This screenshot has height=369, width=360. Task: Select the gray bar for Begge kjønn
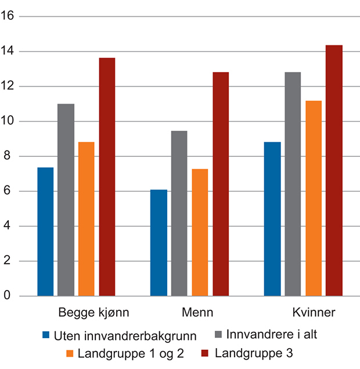point(66,200)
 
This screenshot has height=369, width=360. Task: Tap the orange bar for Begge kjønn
point(87,219)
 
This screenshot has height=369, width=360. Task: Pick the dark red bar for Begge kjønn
point(107,177)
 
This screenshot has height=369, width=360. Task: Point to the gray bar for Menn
point(179,213)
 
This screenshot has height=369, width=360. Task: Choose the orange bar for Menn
point(200,232)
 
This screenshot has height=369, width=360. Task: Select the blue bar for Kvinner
point(272,219)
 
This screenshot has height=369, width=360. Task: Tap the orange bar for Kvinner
point(313,198)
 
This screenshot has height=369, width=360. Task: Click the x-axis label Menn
point(197,313)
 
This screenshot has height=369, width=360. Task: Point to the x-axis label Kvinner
point(314,313)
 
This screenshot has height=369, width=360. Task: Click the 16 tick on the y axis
point(9,16)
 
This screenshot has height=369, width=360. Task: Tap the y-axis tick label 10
point(9,121)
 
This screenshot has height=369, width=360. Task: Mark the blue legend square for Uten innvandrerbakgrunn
point(46,335)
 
